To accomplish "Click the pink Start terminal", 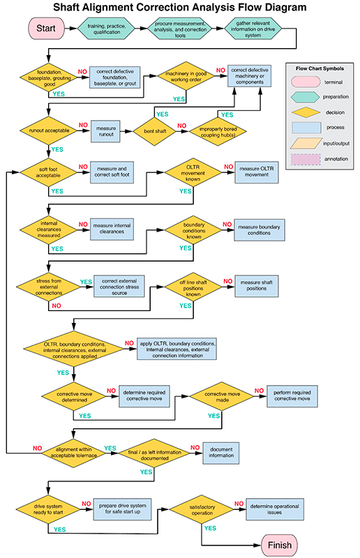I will pyautogui.click(x=45, y=28).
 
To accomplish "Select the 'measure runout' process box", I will pyautogui.click(x=107, y=132).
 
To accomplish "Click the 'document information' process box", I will pyautogui.click(x=221, y=452).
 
